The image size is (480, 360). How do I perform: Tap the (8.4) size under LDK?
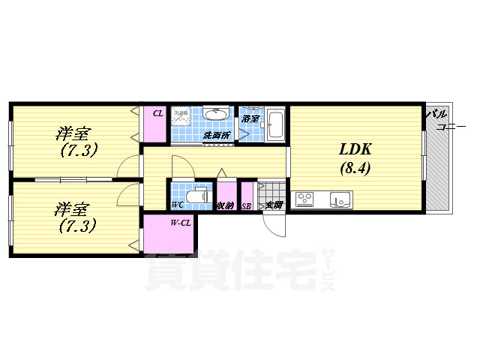[355, 168]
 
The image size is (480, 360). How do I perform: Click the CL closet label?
[157, 113]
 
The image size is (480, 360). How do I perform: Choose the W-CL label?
[180, 222]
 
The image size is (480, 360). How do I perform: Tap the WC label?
[178, 205]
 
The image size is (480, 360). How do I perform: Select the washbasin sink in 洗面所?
[216, 114]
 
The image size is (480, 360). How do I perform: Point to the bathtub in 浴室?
[275, 124]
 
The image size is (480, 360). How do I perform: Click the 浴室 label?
[250, 118]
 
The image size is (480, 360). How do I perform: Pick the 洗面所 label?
[217, 136]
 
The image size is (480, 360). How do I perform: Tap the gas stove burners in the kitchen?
[305, 199]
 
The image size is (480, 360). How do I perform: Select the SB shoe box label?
[246, 205]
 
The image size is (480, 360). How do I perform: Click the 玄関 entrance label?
[272, 205]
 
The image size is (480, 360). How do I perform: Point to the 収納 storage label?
[225, 205]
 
